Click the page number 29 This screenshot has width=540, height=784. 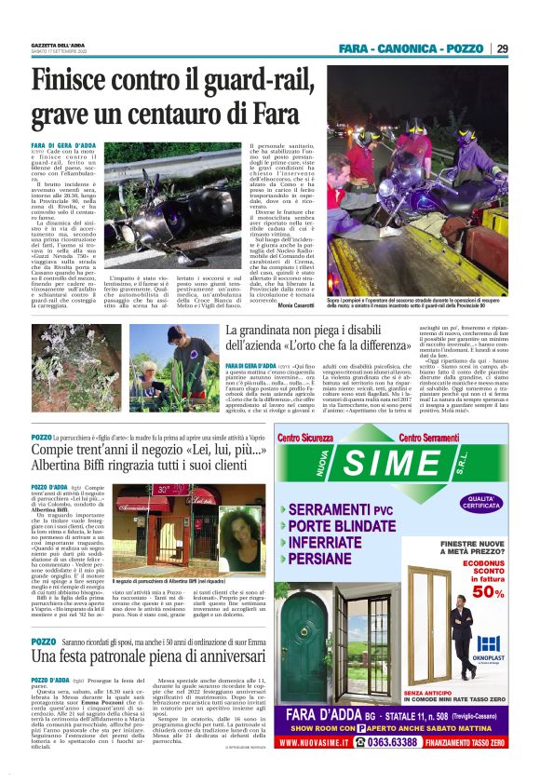pyautogui.click(x=503, y=48)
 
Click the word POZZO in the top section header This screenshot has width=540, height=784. pyautogui.click(x=465, y=48)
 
